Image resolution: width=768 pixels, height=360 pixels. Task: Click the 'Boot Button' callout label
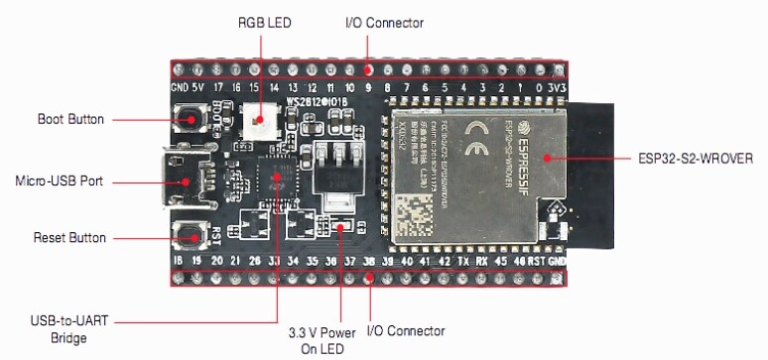70,119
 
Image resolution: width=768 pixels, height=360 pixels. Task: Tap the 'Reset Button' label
69,238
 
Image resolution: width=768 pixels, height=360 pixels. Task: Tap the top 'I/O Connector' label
384,22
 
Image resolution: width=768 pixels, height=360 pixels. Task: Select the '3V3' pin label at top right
559,87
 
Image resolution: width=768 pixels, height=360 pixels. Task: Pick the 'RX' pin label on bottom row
481,262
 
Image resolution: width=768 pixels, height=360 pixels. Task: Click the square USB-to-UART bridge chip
274,183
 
